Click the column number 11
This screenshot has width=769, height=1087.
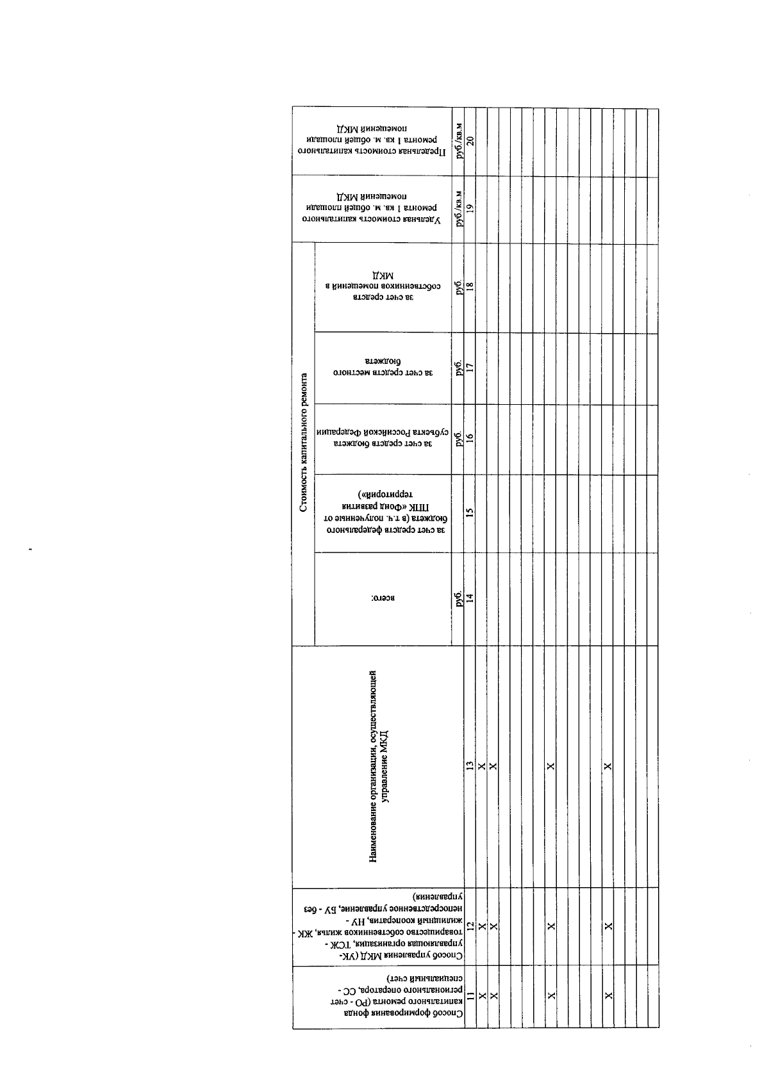470,1013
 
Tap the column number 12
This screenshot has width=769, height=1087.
470,926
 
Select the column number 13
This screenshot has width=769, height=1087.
470,765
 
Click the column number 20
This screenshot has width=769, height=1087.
470,142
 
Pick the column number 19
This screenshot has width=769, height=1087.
470,208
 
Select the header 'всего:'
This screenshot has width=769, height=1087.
383,599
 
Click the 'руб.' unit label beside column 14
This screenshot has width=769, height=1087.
458,599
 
